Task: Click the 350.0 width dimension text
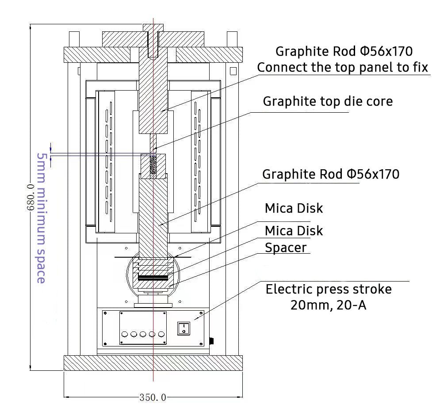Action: coord(153,398)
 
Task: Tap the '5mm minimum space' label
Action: coord(41,218)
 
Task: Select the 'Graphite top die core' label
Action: coord(328,101)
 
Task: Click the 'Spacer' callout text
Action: coord(286,247)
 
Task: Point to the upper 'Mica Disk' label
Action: coord(294,208)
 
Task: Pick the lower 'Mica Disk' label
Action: coord(294,231)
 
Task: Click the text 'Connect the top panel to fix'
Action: coord(343,68)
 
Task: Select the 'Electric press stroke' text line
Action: coord(329,289)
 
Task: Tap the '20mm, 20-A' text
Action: coord(328,305)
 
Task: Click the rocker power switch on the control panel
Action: coord(184,328)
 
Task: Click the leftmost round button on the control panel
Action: coord(125,334)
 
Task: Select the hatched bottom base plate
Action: coord(153,363)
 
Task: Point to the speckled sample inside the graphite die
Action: coord(153,166)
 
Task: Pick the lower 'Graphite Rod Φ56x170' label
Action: coord(331,174)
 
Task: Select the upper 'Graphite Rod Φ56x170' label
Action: coord(344,51)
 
